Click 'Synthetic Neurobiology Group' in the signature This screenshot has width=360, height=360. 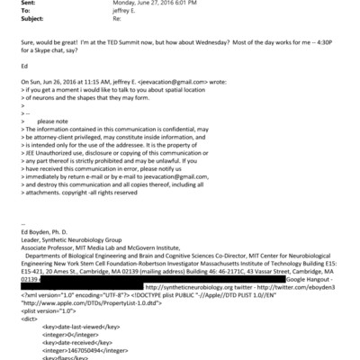(x=79, y=267)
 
